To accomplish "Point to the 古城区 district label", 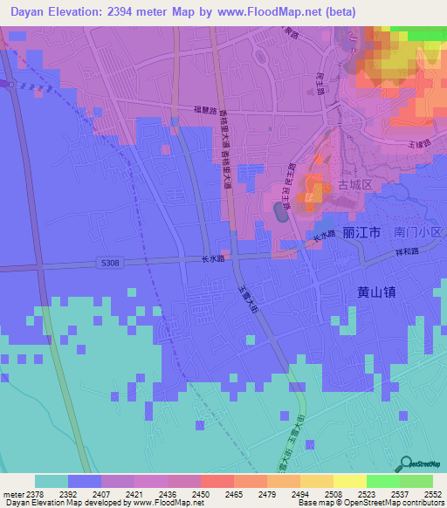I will [355, 185].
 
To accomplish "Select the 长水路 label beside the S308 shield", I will [213, 259].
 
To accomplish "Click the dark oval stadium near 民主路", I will [280, 211].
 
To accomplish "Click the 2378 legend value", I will [27, 493].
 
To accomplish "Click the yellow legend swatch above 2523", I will [349, 481].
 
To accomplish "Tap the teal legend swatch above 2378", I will [52, 481].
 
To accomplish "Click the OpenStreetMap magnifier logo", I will [405, 464].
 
